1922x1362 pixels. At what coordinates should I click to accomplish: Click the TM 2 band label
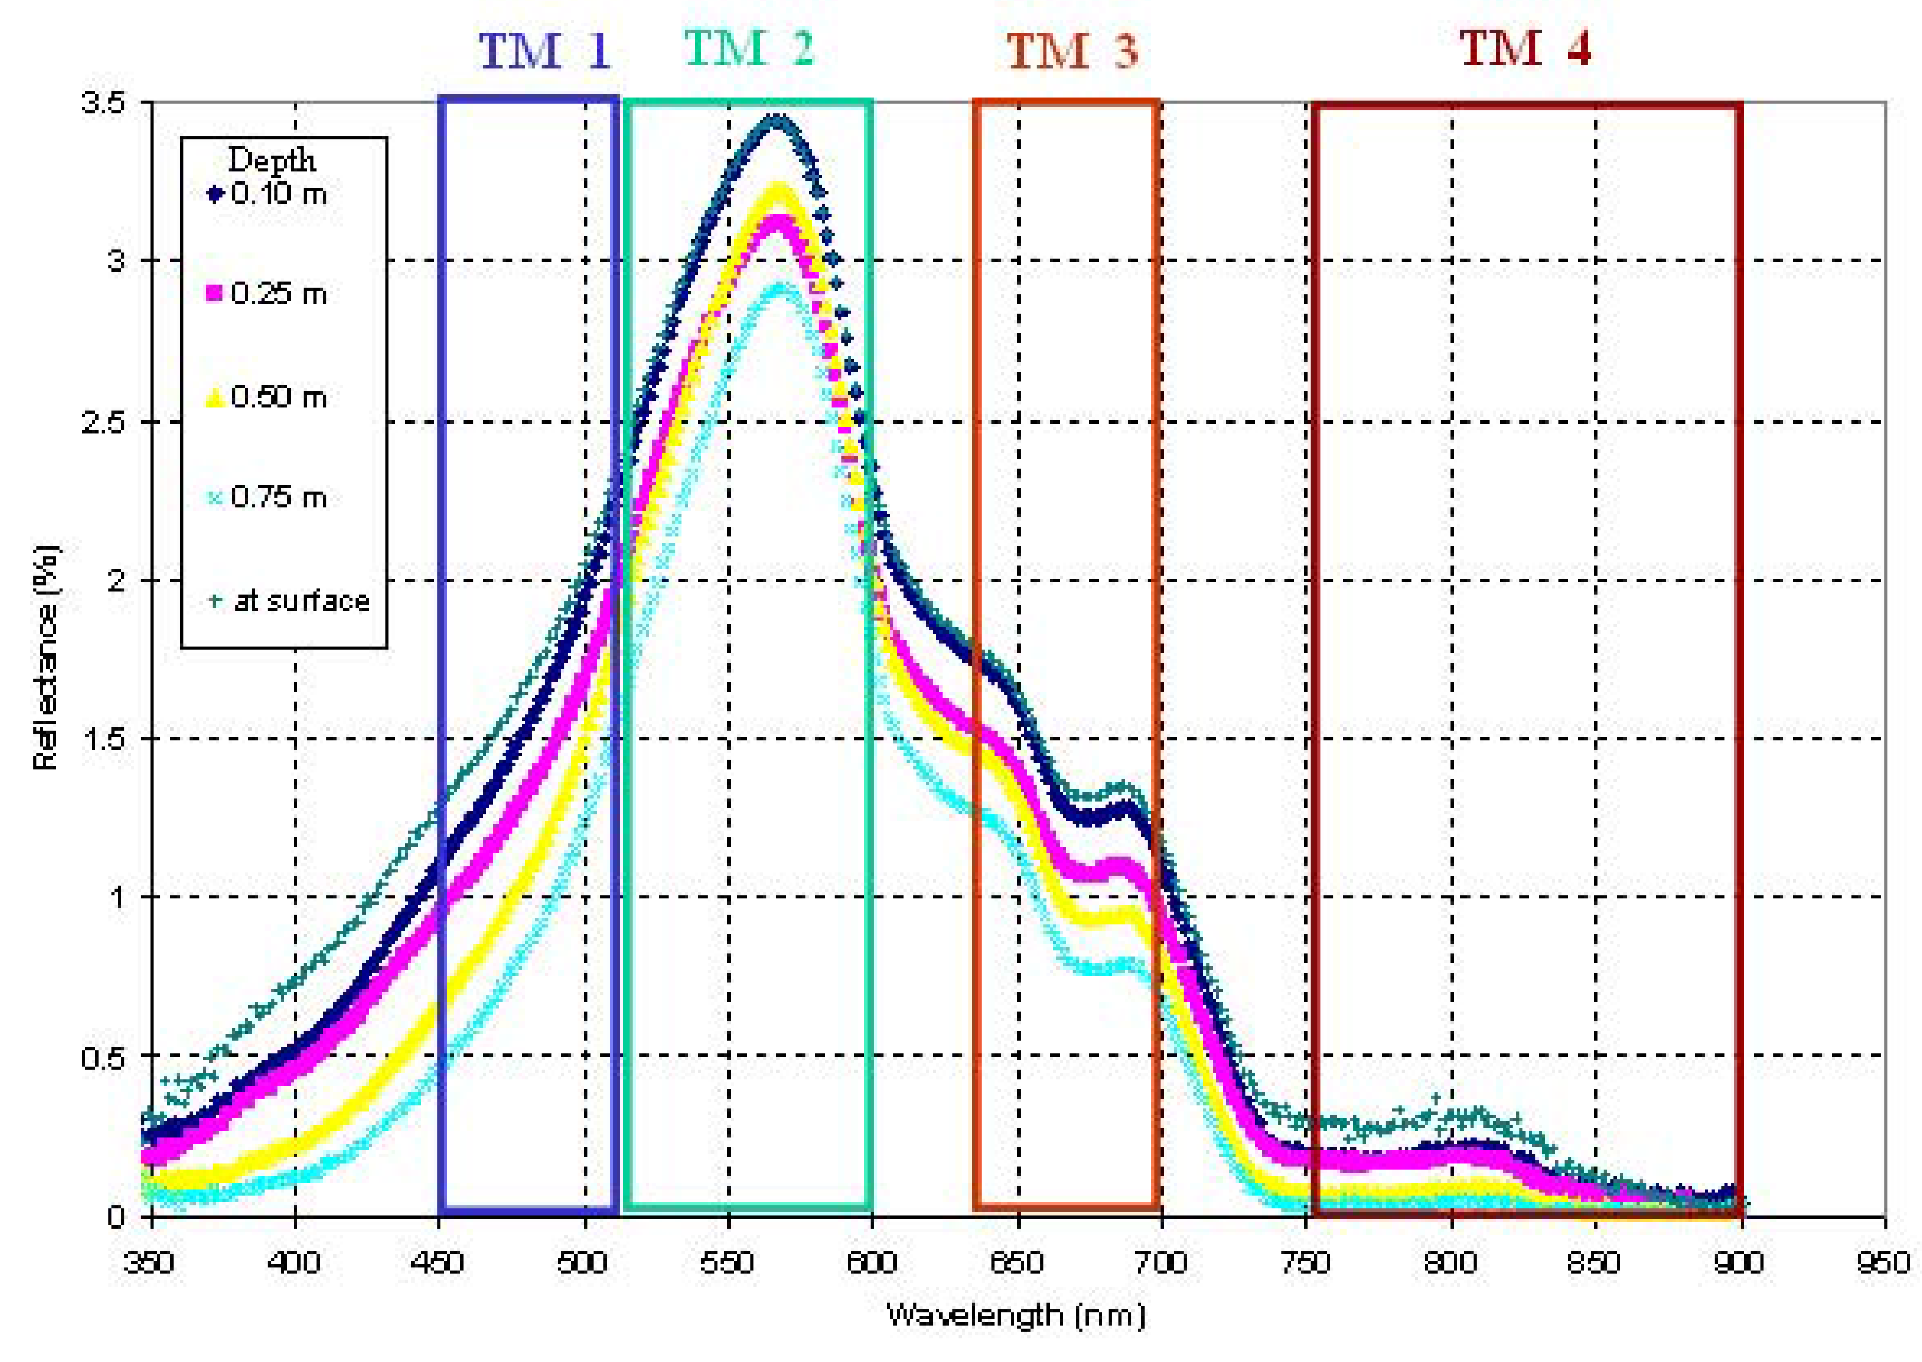(749, 49)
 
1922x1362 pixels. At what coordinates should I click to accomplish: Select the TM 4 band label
(1524, 49)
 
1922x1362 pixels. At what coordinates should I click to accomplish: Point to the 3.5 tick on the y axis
(102, 103)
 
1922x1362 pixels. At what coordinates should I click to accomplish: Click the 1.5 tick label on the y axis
(102, 739)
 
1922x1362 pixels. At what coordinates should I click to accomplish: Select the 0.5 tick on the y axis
(102, 1057)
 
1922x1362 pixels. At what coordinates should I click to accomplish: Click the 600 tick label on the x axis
(872, 1262)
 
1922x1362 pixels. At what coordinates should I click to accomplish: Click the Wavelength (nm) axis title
(1015, 1315)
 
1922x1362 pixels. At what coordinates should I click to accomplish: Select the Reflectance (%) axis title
(46, 658)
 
